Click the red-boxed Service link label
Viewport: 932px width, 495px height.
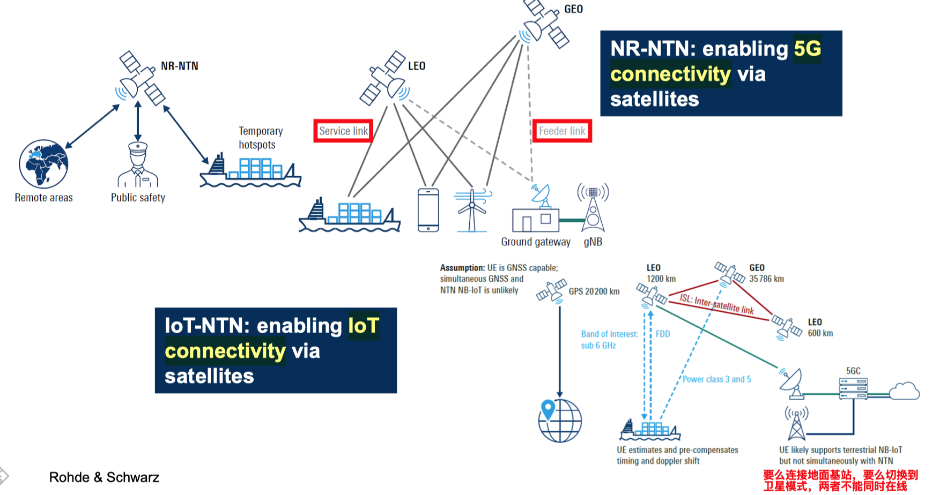point(343,131)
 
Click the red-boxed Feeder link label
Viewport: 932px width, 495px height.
point(562,131)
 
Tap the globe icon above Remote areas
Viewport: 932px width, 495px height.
point(43,164)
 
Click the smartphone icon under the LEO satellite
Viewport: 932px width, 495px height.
point(428,210)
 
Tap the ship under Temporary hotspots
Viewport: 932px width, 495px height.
point(250,171)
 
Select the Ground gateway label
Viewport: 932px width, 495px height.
point(536,242)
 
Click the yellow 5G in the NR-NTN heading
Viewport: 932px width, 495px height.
point(807,49)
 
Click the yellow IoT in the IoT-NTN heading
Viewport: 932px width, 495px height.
point(364,326)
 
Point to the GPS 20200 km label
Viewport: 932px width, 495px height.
point(594,291)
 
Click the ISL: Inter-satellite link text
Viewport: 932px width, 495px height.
point(716,304)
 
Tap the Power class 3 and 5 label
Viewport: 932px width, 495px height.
point(716,379)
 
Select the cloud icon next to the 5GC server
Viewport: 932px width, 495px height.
point(905,391)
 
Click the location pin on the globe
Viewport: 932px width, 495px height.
point(548,410)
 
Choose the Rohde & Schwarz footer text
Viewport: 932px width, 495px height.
point(104,477)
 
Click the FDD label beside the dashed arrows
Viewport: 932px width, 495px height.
point(663,334)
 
